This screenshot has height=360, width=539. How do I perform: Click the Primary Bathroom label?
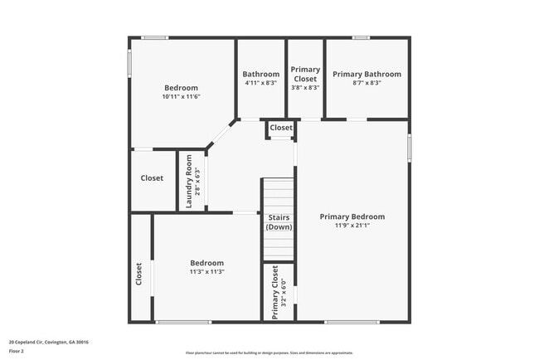click(367, 74)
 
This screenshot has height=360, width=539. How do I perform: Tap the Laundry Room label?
click(189, 180)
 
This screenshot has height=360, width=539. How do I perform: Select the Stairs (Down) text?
click(279, 221)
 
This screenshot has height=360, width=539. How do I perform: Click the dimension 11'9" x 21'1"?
click(352, 226)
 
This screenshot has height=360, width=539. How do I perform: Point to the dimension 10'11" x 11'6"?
click(181, 96)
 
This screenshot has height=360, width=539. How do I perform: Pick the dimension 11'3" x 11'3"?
click(206, 271)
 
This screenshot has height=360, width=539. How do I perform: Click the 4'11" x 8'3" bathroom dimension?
click(261, 83)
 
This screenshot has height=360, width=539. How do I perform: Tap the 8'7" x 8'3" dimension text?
click(367, 83)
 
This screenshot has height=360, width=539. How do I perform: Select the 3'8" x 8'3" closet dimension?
click(305, 88)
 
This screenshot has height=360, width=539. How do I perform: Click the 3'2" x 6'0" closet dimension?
click(284, 292)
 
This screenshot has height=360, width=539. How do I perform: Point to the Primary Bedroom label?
click(352, 216)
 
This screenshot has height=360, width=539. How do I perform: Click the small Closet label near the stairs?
click(281, 128)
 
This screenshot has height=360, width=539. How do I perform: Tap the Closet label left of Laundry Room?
click(152, 178)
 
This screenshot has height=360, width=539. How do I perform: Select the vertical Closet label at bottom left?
click(138, 274)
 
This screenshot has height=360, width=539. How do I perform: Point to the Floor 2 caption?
click(17, 351)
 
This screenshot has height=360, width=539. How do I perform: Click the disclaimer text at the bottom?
click(269, 353)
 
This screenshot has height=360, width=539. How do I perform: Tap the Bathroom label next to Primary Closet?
click(261, 74)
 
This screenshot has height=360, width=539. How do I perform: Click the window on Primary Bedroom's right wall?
click(409, 145)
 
